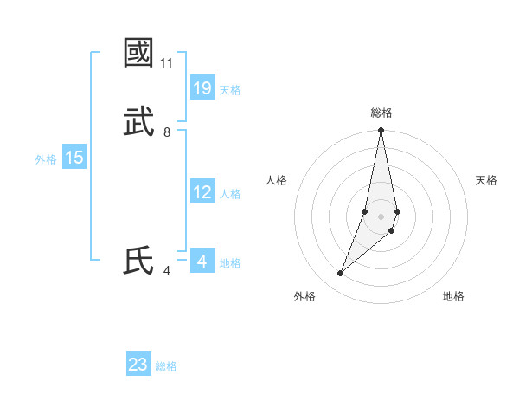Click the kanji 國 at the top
138,53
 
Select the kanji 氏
138,261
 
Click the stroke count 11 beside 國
166,63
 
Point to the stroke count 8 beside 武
167,132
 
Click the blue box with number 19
202,88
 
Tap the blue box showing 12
202,192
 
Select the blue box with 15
74,158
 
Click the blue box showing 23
138,365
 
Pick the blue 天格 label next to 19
230,90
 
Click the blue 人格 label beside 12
230,194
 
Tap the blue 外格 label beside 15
46,159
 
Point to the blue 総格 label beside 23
166,366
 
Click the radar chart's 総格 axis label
381,113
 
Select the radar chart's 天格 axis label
487,180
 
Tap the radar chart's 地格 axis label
453,296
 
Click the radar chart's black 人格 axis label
277,180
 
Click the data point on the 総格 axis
381,131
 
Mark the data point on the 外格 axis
341,274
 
